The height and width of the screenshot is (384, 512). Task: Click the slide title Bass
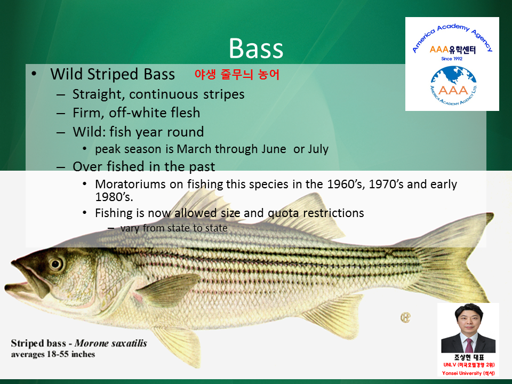(x=255, y=49)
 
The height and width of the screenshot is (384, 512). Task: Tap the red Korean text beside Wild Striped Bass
(x=237, y=75)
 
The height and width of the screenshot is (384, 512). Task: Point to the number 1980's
(x=114, y=197)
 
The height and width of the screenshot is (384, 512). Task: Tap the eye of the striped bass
(x=55, y=263)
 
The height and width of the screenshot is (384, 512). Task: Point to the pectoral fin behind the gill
(x=170, y=289)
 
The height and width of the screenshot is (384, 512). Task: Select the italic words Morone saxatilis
(x=111, y=343)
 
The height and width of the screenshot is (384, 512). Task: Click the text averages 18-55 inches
(x=53, y=354)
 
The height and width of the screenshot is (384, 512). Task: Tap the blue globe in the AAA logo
(x=453, y=80)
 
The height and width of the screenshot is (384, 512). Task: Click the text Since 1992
(x=452, y=59)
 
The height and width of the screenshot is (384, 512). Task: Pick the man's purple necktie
(x=469, y=345)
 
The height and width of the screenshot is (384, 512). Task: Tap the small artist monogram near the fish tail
(x=405, y=317)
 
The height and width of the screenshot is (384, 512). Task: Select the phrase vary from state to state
(x=174, y=228)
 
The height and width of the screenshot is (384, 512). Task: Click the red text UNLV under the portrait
(x=449, y=365)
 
